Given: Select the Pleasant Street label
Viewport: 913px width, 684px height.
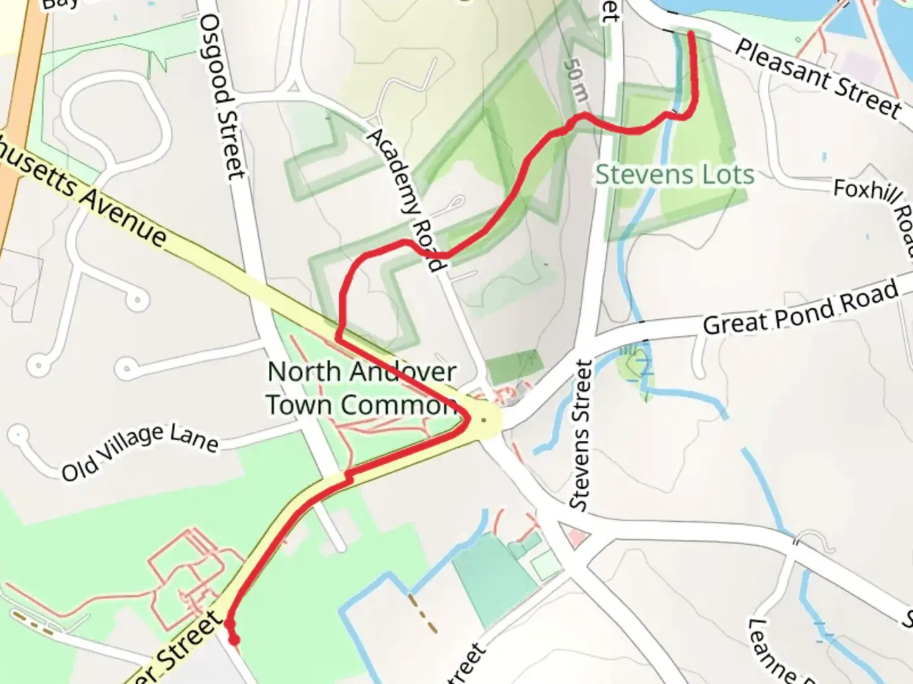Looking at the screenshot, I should point(819,79).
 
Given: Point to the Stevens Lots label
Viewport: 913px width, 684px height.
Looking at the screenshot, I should point(675,175).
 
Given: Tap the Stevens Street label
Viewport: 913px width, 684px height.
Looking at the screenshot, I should point(581,435).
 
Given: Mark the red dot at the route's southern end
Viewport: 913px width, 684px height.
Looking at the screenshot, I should point(234,640).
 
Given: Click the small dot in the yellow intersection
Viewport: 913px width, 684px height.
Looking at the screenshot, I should point(484,420).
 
